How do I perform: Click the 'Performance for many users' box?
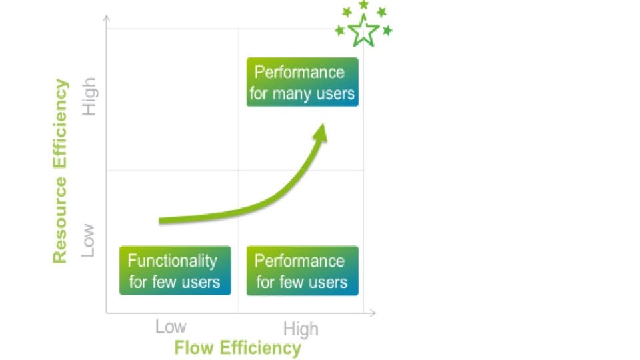(303, 82)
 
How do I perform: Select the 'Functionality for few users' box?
(175, 270)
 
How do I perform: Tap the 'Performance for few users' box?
(303, 270)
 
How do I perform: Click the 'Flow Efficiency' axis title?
(237, 348)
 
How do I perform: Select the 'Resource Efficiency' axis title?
(60, 171)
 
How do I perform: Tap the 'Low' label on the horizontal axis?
(171, 327)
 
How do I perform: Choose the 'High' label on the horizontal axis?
(301, 329)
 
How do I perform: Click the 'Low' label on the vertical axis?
(88, 241)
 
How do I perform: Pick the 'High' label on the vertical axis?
(89, 97)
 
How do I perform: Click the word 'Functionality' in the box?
(172, 261)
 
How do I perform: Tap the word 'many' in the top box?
(291, 94)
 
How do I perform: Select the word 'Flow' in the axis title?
(194, 348)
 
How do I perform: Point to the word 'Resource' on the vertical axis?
(60, 221)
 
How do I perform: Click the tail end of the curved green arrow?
(159, 221)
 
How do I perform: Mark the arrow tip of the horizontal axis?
(375, 313)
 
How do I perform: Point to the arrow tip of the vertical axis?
(107, 15)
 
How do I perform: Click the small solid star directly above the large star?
(363, 5)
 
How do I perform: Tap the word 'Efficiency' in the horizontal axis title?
(261, 349)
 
